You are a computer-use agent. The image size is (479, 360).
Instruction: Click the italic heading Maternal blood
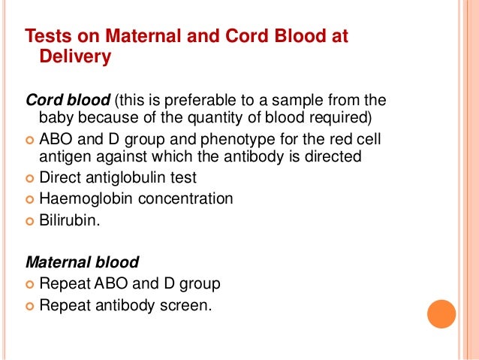point(82,263)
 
